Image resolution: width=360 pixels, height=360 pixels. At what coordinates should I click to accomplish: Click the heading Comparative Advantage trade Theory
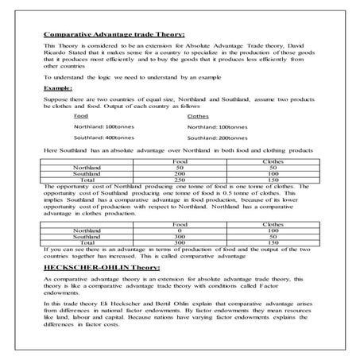click(113, 35)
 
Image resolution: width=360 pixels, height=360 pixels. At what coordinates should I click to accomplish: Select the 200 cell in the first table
click(180, 173)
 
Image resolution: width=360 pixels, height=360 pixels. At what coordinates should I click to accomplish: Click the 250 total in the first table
click(180, 180)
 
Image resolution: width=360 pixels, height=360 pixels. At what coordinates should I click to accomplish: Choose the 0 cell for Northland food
click(180, 230)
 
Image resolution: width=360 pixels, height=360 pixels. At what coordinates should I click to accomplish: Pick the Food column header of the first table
click(180, 161)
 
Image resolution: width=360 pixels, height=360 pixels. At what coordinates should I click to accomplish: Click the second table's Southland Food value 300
click(180, 236)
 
